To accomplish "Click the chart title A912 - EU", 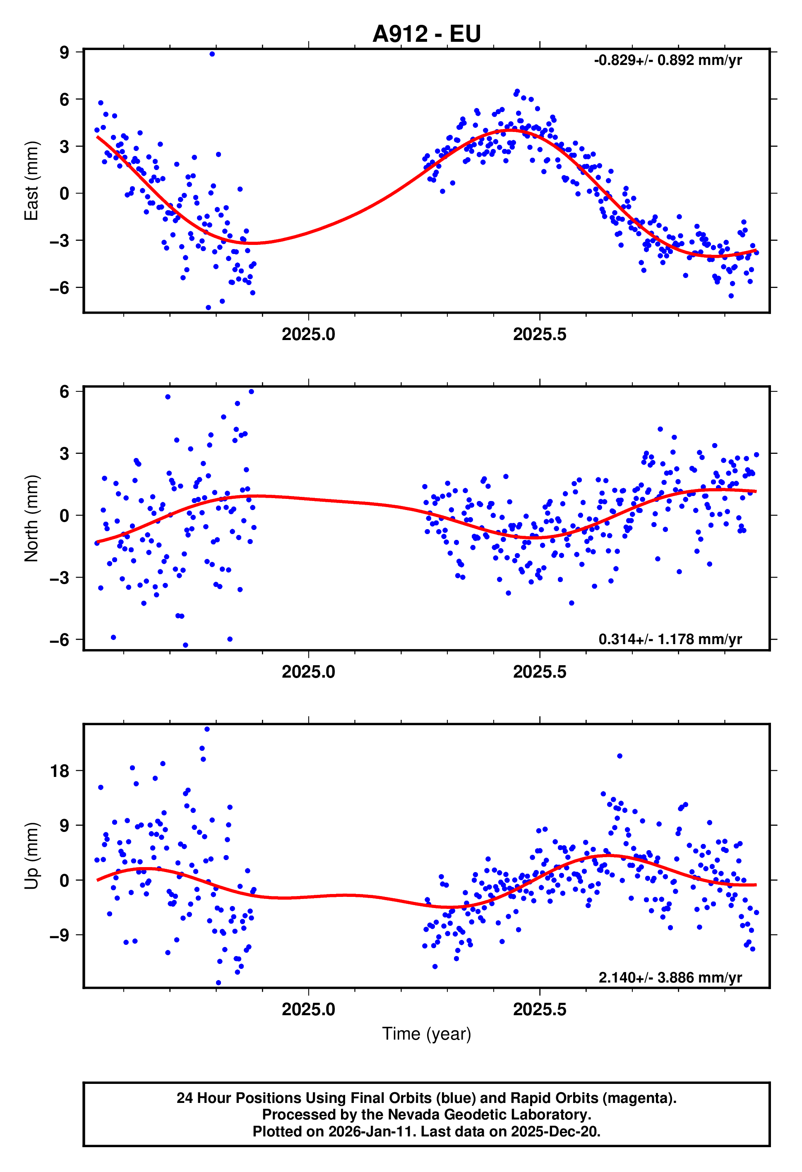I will tap(426, 34).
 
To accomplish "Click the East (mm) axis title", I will tap(31, 180).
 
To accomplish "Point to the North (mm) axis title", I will tap(31, 518).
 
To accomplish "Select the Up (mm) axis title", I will tap(31, 856).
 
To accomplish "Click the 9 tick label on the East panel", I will tap(64, 53).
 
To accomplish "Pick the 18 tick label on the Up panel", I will tap(60, 771).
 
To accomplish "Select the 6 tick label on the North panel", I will tap(64, 391).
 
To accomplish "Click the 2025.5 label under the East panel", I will tap(539, 334).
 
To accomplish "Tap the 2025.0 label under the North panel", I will tap(308, 672).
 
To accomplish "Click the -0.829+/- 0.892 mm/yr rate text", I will tap(668, 60).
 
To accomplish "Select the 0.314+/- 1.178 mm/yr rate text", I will tap(670, 640).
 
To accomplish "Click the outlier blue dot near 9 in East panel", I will tap(212, 54).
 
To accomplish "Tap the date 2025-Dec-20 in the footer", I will tap(555, 1131).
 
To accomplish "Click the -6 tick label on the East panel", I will tap(60, 288).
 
